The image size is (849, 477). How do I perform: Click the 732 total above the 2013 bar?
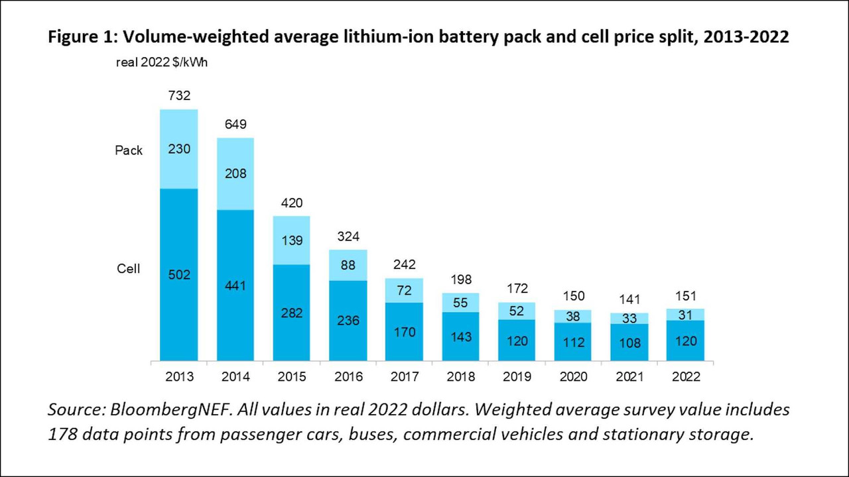click(x=179, y=95)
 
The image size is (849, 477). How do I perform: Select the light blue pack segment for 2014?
click(x=235, y=174)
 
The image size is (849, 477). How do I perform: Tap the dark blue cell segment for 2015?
click(x=291, y=313)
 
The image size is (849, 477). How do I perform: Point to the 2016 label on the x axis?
click(x=348, y=377)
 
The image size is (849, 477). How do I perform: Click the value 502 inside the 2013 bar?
click(x=179, y=274)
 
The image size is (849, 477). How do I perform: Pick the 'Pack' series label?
click(x=129, y=150)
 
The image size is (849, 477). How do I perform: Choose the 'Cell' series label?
click(x=128, y=269)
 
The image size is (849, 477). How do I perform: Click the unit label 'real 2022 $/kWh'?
click(x=162, y=62)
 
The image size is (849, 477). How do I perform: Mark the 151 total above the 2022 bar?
click(x=686, y=296)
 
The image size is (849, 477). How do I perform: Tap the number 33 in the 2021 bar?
click(x=629, y=319)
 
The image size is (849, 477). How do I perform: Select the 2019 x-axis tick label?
click(x=517, y=377)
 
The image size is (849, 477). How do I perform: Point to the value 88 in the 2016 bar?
click(x=348, y=265)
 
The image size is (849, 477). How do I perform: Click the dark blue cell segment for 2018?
click(x=460, y=337)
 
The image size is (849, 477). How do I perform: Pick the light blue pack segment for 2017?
click(x=404, y=290)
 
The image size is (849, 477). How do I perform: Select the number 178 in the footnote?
click(x=62, y=434)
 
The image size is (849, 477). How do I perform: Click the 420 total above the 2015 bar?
click(x=291, y=203)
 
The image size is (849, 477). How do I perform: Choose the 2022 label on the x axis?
click(x=686, y=377)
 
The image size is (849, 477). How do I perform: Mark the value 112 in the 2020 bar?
click(x=573, y=343)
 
